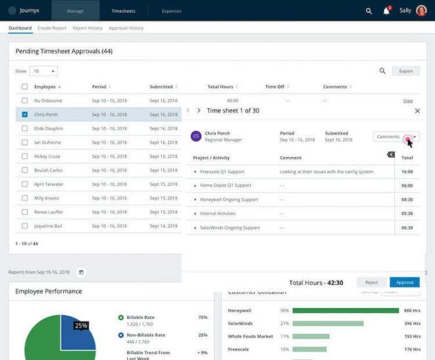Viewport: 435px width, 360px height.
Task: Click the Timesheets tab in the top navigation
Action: point(123,11)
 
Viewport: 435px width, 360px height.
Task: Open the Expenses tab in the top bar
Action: point(171,11)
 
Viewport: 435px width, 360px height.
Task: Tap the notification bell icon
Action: point(387,11)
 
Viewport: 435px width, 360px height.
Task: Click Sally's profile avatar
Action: point(421,11)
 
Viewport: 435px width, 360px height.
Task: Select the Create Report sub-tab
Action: point(52,28)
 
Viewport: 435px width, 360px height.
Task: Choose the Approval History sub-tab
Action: point(126,28)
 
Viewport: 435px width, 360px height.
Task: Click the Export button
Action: point(406,71)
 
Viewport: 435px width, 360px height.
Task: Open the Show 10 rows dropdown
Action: point(44,71)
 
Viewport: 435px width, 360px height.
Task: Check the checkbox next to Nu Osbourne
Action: point(24,100)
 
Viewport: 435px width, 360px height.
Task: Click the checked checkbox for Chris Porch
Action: point(24,115)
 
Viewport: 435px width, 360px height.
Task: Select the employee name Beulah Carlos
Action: point(48,171)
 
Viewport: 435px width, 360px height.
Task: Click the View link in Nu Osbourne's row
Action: point(408,101)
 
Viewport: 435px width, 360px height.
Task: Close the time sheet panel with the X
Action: point(417,111)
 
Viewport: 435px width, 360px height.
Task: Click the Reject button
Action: point(371,283)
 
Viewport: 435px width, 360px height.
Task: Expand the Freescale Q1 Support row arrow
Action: point(195,172)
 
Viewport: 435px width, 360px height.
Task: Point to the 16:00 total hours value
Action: point(407,172)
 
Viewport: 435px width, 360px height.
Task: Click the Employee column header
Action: point(45,87)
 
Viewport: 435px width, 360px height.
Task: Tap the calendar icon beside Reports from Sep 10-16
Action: point(81,272)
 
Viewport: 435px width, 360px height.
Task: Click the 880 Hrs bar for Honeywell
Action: point(345,310)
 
